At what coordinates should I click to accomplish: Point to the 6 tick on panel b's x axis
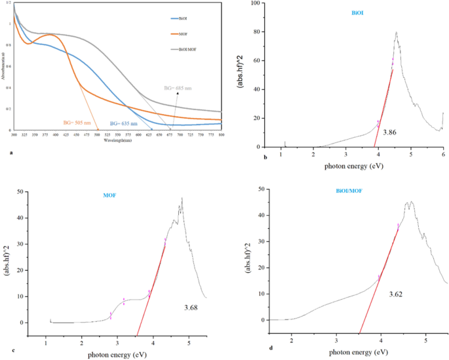pos(443,155)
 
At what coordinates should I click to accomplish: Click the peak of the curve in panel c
pos(182,198)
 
